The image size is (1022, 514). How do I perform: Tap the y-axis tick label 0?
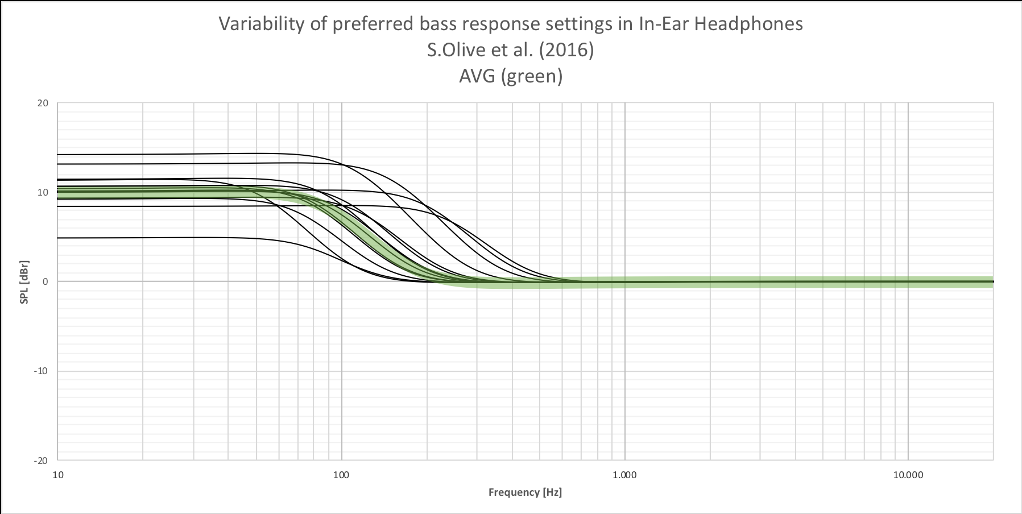pyautogui.click(x=46, y=281)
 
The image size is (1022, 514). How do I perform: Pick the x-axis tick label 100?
pyautogui.click(x=341, y=474)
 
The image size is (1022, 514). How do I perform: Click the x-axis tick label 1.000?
pyautogui.click(x=624, y=474)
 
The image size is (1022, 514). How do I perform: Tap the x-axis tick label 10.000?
pyautogui.click(x=908, y=474)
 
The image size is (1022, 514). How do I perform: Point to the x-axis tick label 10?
pyautogui.click(x=57, y=474)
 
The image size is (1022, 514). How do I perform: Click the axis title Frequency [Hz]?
pyautogui.click(x=525, y=492)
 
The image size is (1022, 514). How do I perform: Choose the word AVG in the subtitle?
pyautogui.click(x=478, y=76)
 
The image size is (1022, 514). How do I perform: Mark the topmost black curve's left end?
pyautogui.click(x=59, y=154)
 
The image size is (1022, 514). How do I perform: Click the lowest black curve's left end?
pyautogui.click(x=59, y=238)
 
